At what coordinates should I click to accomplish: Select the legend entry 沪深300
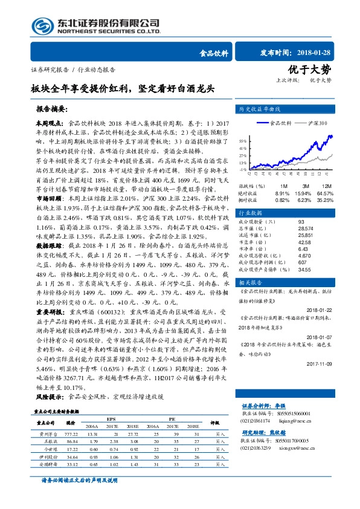tap(315, 123)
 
